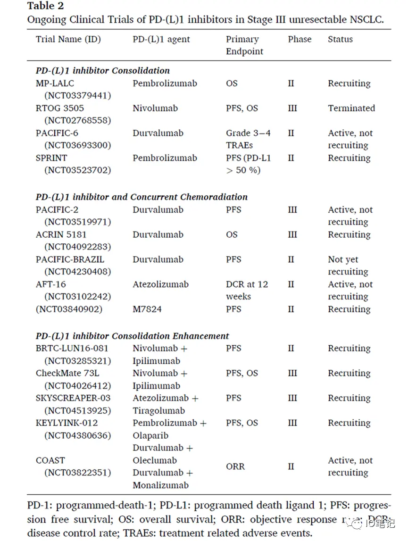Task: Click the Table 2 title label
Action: (45, 6)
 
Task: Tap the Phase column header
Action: (300, 39)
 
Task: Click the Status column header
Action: (340, 39)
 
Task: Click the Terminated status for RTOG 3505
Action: (351, 108)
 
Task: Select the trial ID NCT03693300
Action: (78, 145)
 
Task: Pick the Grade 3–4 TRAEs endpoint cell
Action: (248, 139)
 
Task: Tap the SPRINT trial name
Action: (51, 158)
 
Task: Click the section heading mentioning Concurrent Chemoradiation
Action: (142, 197)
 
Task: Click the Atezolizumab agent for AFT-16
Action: (160, 284)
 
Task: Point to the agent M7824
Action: (147, 309)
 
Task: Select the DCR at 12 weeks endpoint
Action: (247, 291)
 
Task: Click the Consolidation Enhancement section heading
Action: (133, 336)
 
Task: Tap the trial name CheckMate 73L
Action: (67, 373)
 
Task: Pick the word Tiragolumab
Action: (158, 410)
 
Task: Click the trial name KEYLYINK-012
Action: (67, 423)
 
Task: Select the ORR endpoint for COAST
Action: (235, 466)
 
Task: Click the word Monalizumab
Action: (160, 485)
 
